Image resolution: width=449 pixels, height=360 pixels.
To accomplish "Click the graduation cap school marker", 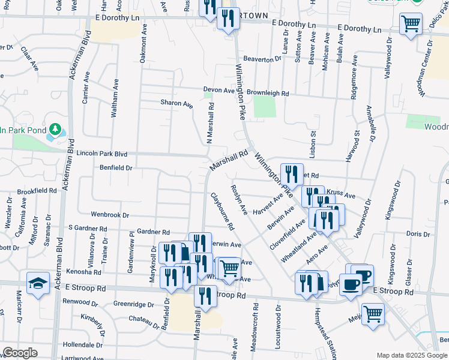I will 38,283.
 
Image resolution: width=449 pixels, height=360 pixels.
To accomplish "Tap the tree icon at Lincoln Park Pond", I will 55,129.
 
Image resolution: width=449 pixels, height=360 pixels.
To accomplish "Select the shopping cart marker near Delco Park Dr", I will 411,25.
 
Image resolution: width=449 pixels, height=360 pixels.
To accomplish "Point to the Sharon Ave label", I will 176,103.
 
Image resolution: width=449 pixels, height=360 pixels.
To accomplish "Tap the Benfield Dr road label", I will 116,168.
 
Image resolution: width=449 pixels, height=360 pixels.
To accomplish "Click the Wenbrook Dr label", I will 110,214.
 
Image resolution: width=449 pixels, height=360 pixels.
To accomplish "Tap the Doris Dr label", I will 415,233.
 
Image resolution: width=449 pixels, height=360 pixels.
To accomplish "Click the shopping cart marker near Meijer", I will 373,314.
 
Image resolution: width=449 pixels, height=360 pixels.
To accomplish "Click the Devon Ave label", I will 218,89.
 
